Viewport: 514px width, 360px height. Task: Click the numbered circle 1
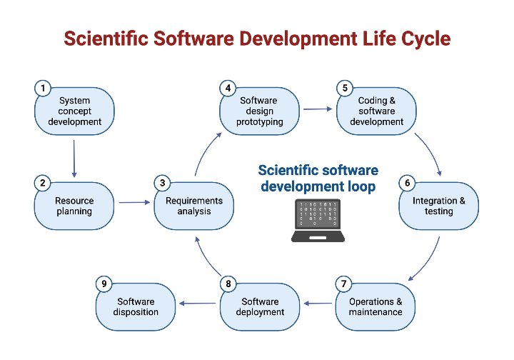click(43, 89)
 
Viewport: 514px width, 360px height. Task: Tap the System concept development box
click(75, 111)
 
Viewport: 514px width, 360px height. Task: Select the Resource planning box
click(74, 206)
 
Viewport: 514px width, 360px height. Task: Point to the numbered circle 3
click(163, 184)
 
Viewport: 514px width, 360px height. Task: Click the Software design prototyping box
click(259, 111)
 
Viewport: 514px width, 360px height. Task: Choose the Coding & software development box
click(377, 111)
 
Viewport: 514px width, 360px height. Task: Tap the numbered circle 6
click(407, 184)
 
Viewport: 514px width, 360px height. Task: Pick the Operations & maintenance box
click(376, 307)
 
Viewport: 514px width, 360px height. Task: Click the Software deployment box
click(258, 307)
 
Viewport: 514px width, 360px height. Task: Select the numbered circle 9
click(104, 284)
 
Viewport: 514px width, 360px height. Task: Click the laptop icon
click(318, 220)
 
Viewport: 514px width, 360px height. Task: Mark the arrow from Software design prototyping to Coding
click(318, 109)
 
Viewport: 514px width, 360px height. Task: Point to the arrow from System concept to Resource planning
click(74, 158)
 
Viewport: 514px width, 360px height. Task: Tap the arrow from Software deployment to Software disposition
click(198, 304)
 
